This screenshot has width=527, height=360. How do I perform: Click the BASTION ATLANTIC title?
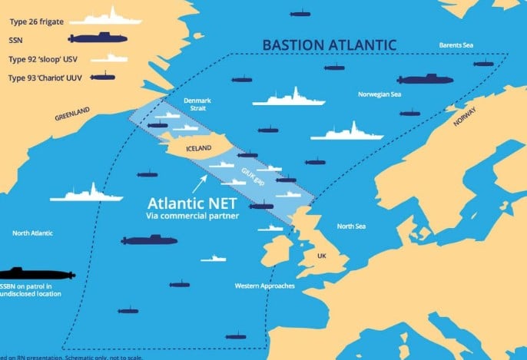330,45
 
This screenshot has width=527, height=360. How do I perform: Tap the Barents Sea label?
456,45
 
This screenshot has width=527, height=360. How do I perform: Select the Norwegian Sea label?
380,94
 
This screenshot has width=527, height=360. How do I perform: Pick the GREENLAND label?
72,116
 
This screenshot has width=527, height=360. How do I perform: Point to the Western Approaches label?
264,286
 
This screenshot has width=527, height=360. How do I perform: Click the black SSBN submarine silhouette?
36,273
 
